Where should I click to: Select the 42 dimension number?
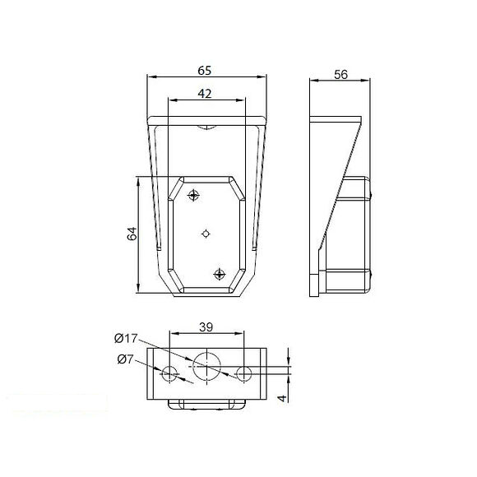[206, 94]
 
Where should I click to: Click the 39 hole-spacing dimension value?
[207, 326]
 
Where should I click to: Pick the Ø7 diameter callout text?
[124, 358]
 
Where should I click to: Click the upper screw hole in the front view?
[194, 196]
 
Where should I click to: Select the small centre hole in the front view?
[206, 234]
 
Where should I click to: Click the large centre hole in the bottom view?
[206, 366]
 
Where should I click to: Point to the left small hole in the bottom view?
[169, 374]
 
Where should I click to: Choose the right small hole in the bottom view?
[243, 374]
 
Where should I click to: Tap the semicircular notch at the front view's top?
[206, 127]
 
